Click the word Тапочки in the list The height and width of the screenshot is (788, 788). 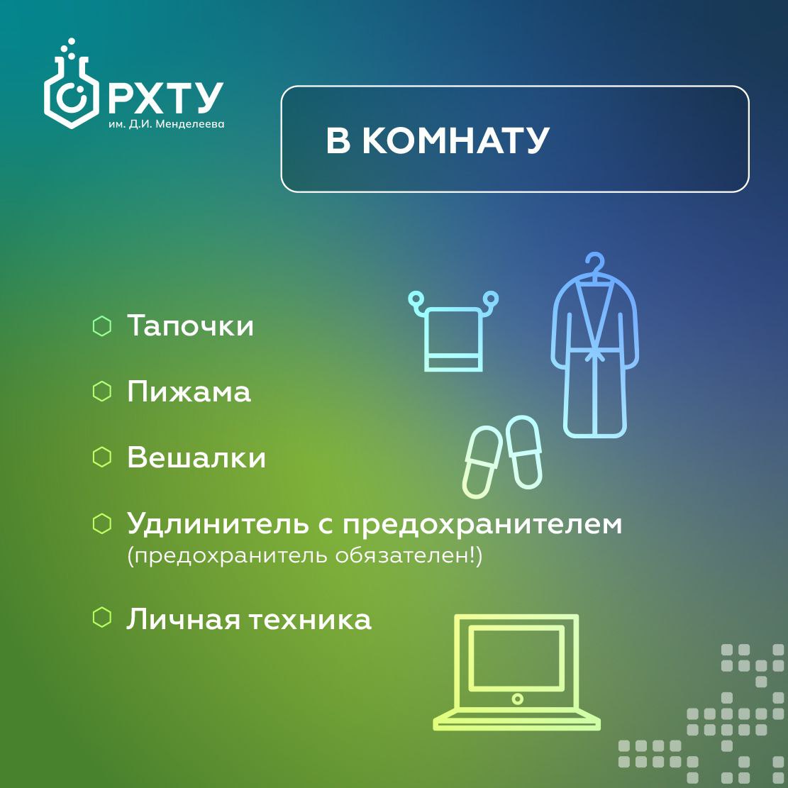[190, 325]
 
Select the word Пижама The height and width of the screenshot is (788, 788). [189, 392]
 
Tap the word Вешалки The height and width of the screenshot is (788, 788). [196, 457]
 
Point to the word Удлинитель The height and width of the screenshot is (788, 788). [216, 525]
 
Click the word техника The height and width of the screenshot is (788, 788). [310, 619]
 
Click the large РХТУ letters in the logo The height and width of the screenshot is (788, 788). [165, 99]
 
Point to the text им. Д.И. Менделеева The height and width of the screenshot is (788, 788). [167, 124]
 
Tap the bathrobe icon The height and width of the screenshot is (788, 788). [594, 352]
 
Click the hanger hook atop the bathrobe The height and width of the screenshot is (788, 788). [594, 264]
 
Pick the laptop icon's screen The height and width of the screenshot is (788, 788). [516, 657]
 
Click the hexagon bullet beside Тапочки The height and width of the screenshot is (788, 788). [102, 326]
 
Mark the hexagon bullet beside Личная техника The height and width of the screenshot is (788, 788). [102, 618]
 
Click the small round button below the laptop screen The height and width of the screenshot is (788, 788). [516, 699]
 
